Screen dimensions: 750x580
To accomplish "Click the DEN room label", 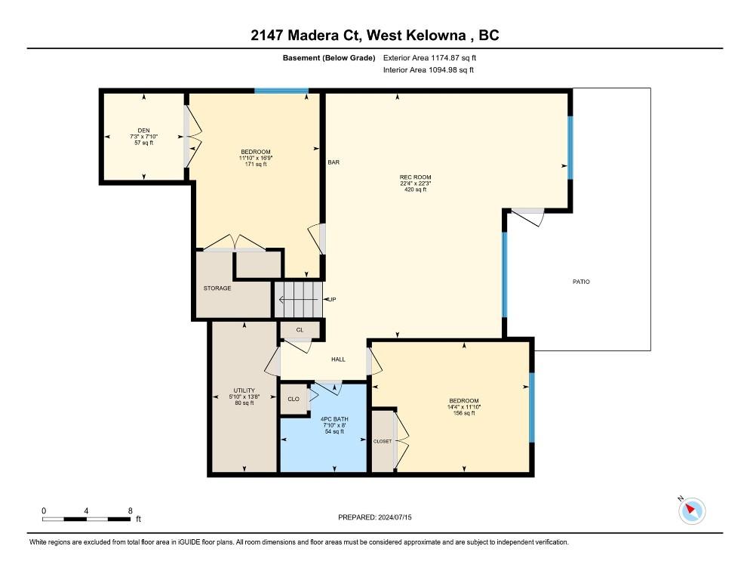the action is [143, 130].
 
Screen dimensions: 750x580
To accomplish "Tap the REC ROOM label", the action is [415, 177].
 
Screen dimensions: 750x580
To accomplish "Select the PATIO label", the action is [581, 282].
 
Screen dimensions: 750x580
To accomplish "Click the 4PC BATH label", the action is [334, 419].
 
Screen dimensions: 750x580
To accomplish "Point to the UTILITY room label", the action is [244, 390].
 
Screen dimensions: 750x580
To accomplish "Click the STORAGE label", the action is [217, 288].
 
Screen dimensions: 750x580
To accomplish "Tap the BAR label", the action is [334, 162].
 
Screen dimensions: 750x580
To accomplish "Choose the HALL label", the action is [338, 359].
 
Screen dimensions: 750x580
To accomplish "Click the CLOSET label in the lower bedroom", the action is [383, 441].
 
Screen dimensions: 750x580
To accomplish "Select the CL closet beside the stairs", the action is [300, 330].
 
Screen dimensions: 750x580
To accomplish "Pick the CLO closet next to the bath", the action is [294, 399].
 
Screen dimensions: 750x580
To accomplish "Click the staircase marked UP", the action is [298, 299].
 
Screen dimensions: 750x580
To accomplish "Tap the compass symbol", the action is [692, 511].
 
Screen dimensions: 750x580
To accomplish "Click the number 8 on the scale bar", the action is [130, 511].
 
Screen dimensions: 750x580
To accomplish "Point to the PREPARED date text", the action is [374, 517].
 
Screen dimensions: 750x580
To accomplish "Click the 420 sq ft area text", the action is [415, 190].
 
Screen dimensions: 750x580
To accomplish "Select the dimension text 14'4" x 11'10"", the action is [463, 407].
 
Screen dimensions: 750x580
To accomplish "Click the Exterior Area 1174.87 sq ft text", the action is [429, 58].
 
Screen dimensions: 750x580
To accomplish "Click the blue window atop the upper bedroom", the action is [281, 91].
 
